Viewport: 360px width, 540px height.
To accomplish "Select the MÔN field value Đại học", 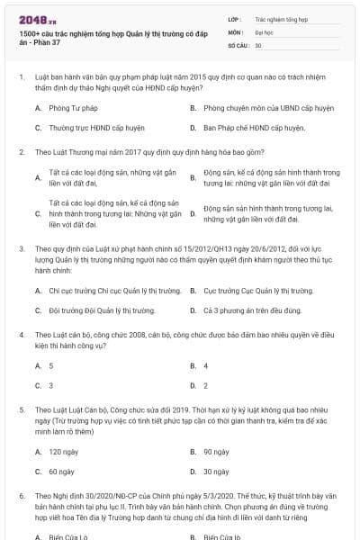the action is (264, 31).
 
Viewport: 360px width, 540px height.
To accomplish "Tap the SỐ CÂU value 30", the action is (258, 44).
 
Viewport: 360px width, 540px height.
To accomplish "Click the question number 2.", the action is (21, 152).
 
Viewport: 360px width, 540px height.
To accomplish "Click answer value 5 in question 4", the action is (50, 366).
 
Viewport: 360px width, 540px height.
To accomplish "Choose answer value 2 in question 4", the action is (205, 385).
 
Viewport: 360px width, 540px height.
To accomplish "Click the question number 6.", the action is (21, 496).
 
